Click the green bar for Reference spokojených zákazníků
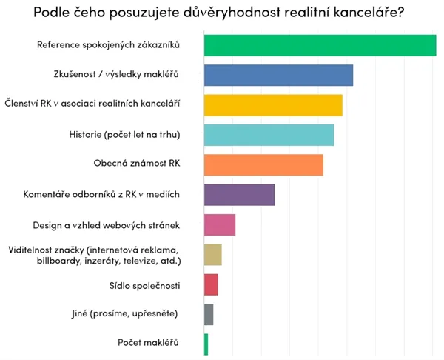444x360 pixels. pyautogui.click(x=320, y=45)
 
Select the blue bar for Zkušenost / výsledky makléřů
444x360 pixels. pyautogui.click(x=278, y=76)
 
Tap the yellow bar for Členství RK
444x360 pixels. pyautogui.click(x=273, y=105)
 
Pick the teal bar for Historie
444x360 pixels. pyautogui.click(x=269, y=135)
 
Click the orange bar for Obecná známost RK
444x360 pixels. pyautogui.click(x=263, y=164)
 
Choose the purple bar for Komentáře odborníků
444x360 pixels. pyautogui.click(x=239, y=195)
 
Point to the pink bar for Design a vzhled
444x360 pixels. pyautogui.click(x=220, y=224)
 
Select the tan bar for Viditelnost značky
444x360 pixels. pyautogui.click(x=213, y=255)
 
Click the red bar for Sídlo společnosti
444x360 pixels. pyautogui.click(x=211, y=284)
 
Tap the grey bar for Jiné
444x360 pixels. pyautogui.click(x=209, y=314)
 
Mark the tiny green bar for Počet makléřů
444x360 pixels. pyautogui.click(x=206, y=344)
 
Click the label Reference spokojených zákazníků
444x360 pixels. pyautogui.click(x=109, y=46)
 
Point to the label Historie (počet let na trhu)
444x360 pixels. pyautogui.click(x=124, y=135)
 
